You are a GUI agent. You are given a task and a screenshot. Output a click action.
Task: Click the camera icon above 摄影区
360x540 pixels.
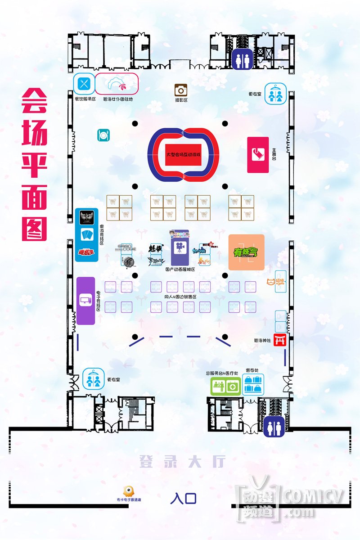[x=181, y=90]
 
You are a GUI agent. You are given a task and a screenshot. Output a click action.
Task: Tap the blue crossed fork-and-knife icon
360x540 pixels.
[x=84, y=83]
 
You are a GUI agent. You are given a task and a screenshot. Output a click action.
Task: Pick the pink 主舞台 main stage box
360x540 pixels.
[x=258, y=155]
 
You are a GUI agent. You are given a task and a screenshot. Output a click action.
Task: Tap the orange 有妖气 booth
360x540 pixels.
[x=246, y=252]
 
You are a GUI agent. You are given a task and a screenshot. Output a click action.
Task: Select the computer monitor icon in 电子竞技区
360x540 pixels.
[x=85, y=300]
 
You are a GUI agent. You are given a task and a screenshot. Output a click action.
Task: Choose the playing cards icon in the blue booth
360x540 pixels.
[x=86, y=234]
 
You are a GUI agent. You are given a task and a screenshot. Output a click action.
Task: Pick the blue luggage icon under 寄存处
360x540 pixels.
[x=253, y=387]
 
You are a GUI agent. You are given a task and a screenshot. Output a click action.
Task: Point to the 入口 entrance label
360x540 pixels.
[x=183, y=498]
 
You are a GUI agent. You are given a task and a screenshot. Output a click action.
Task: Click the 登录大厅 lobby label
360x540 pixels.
[x=181, y=462]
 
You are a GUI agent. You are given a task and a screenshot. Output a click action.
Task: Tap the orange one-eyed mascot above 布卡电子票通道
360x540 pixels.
[x=129, y=490]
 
